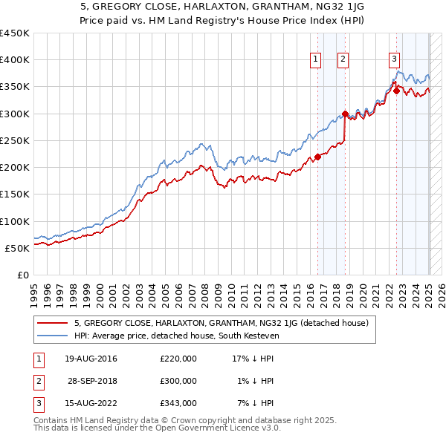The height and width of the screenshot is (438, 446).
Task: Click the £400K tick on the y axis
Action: click(x=15, y=60)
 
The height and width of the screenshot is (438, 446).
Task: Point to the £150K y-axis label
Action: click(x=15, y=195)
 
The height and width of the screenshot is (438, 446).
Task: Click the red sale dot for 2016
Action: click(x=317, y=157)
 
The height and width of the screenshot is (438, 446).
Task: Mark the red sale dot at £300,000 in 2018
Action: click(x=345, y=114)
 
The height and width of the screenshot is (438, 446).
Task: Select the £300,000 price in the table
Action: click(x=178, y=381)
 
